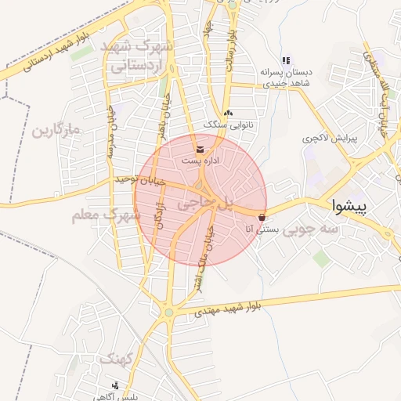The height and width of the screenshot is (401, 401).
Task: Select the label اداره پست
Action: (200, 160)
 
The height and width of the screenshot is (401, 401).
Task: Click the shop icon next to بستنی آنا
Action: (262, 217)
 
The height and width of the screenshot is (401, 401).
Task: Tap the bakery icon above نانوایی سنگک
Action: (227, 114)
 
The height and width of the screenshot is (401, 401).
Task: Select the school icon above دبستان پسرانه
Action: (286, 60)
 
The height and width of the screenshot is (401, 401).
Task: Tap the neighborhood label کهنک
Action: (115, 359)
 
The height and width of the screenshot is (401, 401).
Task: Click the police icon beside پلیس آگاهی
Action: (116, 385)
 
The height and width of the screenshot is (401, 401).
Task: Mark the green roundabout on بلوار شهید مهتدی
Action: (167, 313)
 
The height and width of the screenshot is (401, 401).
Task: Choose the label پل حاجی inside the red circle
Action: (205, 203)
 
